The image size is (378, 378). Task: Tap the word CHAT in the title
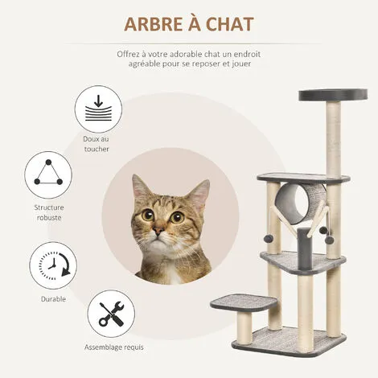pos(229,24)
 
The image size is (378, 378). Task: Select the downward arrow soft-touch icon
pos(98,109)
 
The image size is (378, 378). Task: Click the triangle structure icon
pos(48,175)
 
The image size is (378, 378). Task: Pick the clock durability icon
pos(53,265)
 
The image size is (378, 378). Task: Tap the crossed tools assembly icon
pos(111,314)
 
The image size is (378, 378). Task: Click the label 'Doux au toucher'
pos(97,144)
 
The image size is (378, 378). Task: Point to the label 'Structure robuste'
pos(49,212)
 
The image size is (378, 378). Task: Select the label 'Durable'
pos(53,299)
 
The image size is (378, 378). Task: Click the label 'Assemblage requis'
pos(114,347)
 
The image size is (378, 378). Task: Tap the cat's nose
pos(158,231)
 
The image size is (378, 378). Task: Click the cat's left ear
pos(142,187)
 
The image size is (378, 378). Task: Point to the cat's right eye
pos(177,216)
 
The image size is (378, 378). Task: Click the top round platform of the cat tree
pos(333,95)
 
